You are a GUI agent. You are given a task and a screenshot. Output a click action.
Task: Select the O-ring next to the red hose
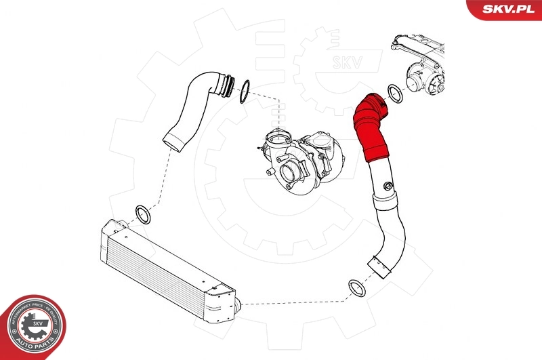(394, 94)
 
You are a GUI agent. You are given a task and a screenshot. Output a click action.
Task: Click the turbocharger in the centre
(304, 157)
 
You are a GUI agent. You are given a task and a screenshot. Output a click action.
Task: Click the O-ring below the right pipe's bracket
(357, 288)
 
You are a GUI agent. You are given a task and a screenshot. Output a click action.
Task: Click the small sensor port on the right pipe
(387, 185)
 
